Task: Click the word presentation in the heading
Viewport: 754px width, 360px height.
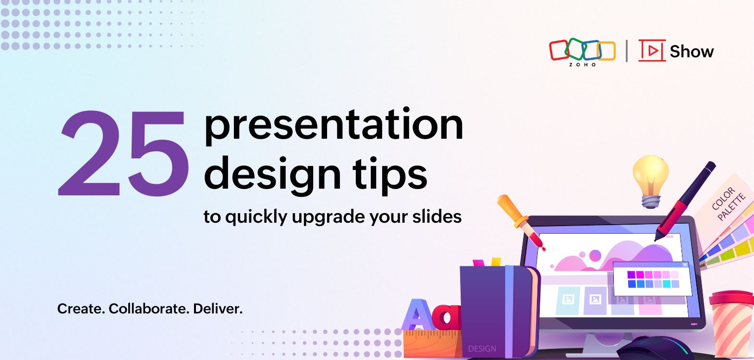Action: [x=334, y=126]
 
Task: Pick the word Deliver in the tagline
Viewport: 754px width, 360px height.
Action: [x=218, y=309]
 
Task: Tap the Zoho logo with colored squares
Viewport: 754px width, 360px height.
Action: [x=583, y=52]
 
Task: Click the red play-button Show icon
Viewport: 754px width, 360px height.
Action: [x=652, y=50]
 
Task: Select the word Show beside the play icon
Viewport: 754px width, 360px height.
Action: [x=692, y=51]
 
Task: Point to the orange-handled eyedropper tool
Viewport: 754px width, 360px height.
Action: [x=521, y=222]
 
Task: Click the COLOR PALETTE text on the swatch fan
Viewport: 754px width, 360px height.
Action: [x=728, y=204]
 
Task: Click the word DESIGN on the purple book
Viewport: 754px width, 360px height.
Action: [x=482, y=348]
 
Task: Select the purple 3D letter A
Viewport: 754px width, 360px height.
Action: [x=417, y=314]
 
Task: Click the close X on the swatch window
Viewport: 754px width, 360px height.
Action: [x=685, y=265]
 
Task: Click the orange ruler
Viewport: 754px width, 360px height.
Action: [x=433, y=344]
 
